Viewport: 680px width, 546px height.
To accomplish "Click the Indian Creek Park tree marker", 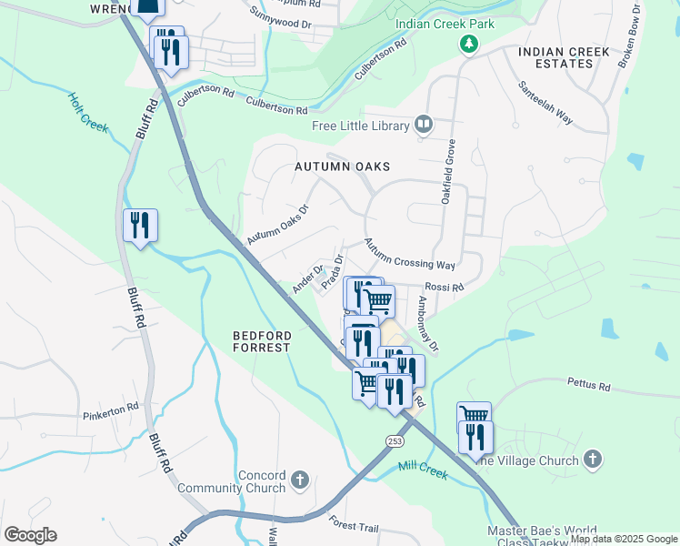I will [x=468, y=44].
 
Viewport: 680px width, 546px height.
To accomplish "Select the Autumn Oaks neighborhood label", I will [x=342, y=167].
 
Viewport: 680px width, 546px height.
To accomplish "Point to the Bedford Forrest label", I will [x=261, y=341].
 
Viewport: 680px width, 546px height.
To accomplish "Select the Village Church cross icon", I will [x=593, y=460].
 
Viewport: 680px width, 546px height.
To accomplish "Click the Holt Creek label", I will [x=88, y=112].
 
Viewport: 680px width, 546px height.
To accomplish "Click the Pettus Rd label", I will [x=588, y=386].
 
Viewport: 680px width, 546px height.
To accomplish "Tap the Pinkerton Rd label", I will [x=110, y=407].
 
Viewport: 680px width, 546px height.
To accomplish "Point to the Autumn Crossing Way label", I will [x=409, y=254].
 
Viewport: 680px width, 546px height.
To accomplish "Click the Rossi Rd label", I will [x=445, y=287].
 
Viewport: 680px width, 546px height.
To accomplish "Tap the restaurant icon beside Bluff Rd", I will [x=140, y=224].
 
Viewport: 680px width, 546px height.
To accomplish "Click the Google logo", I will [x=31, y=535].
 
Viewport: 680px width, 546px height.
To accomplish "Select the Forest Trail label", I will [x=355, y=524].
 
